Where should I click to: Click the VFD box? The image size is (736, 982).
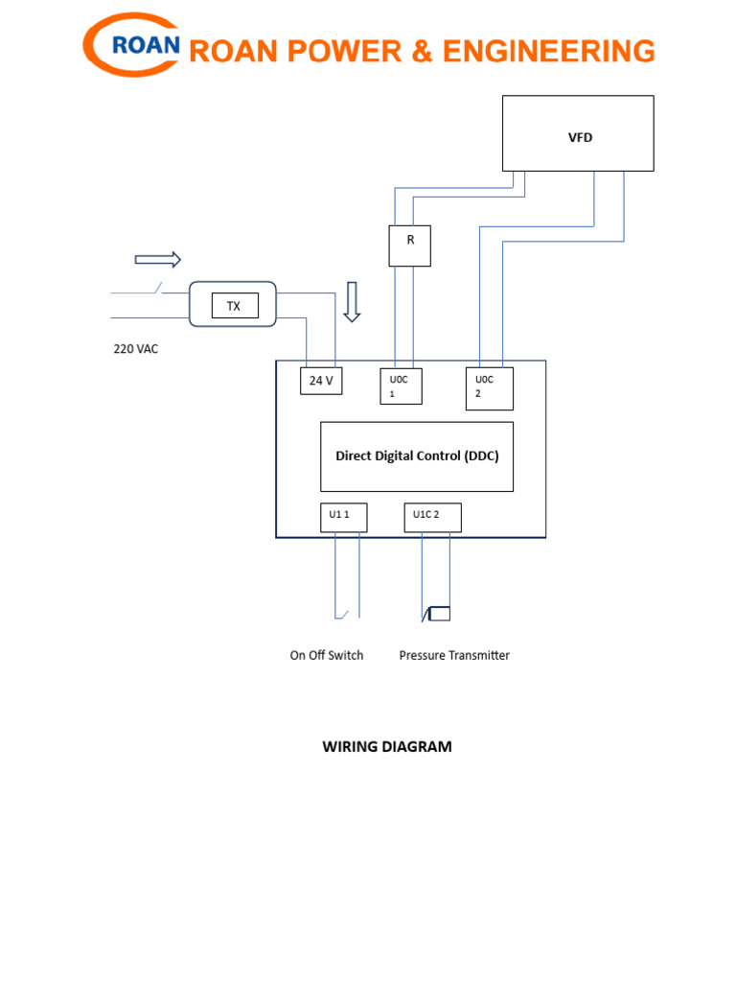[x=579, y=133]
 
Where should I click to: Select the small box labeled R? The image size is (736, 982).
[x=410, y=245]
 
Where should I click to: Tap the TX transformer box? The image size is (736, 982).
[x=234, y=307]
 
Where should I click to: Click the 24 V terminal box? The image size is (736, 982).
[x=321, y=381]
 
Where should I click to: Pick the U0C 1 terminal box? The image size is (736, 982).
[x=401, y=386]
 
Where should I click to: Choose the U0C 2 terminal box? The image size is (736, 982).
[x=489, y=387]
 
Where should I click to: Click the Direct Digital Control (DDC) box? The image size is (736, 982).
[x=416, y=456]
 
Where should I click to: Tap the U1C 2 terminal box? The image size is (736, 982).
[x=432, y=517]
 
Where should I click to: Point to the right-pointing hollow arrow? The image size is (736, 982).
[x=157, y=259]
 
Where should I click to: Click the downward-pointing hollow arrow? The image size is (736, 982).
[x=352, y=301]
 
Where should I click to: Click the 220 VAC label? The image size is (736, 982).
[x=136, y=349]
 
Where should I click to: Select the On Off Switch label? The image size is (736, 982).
[x=327, y=656]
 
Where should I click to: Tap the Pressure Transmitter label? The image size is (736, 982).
[x=454, y=656]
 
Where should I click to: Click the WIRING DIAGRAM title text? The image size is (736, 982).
[x=386, y=747]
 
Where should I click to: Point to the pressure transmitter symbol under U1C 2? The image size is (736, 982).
[x=437, y=614]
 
